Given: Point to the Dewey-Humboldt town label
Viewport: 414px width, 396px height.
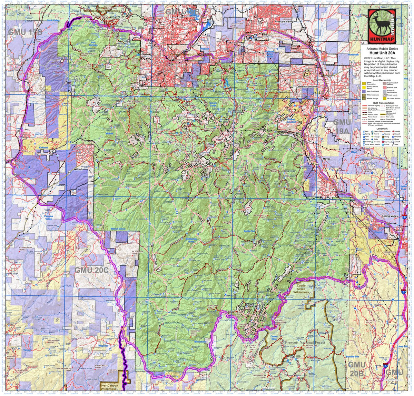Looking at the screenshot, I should (x=307, y=87).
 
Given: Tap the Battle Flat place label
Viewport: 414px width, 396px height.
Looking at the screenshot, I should (x=249, y=231).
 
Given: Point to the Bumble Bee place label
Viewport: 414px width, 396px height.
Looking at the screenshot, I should (x=351, y=358).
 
